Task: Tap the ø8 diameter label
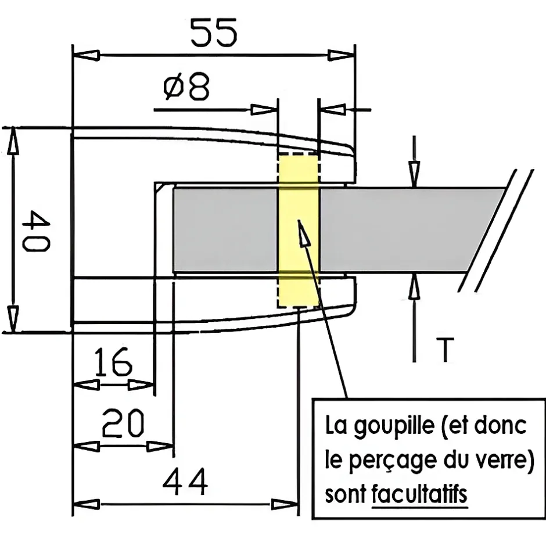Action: point(186,88)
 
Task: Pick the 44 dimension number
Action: point(184,482)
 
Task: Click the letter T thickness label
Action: point(444,350)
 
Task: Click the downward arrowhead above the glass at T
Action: point(414,173)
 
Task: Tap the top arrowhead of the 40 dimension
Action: point(13,142)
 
